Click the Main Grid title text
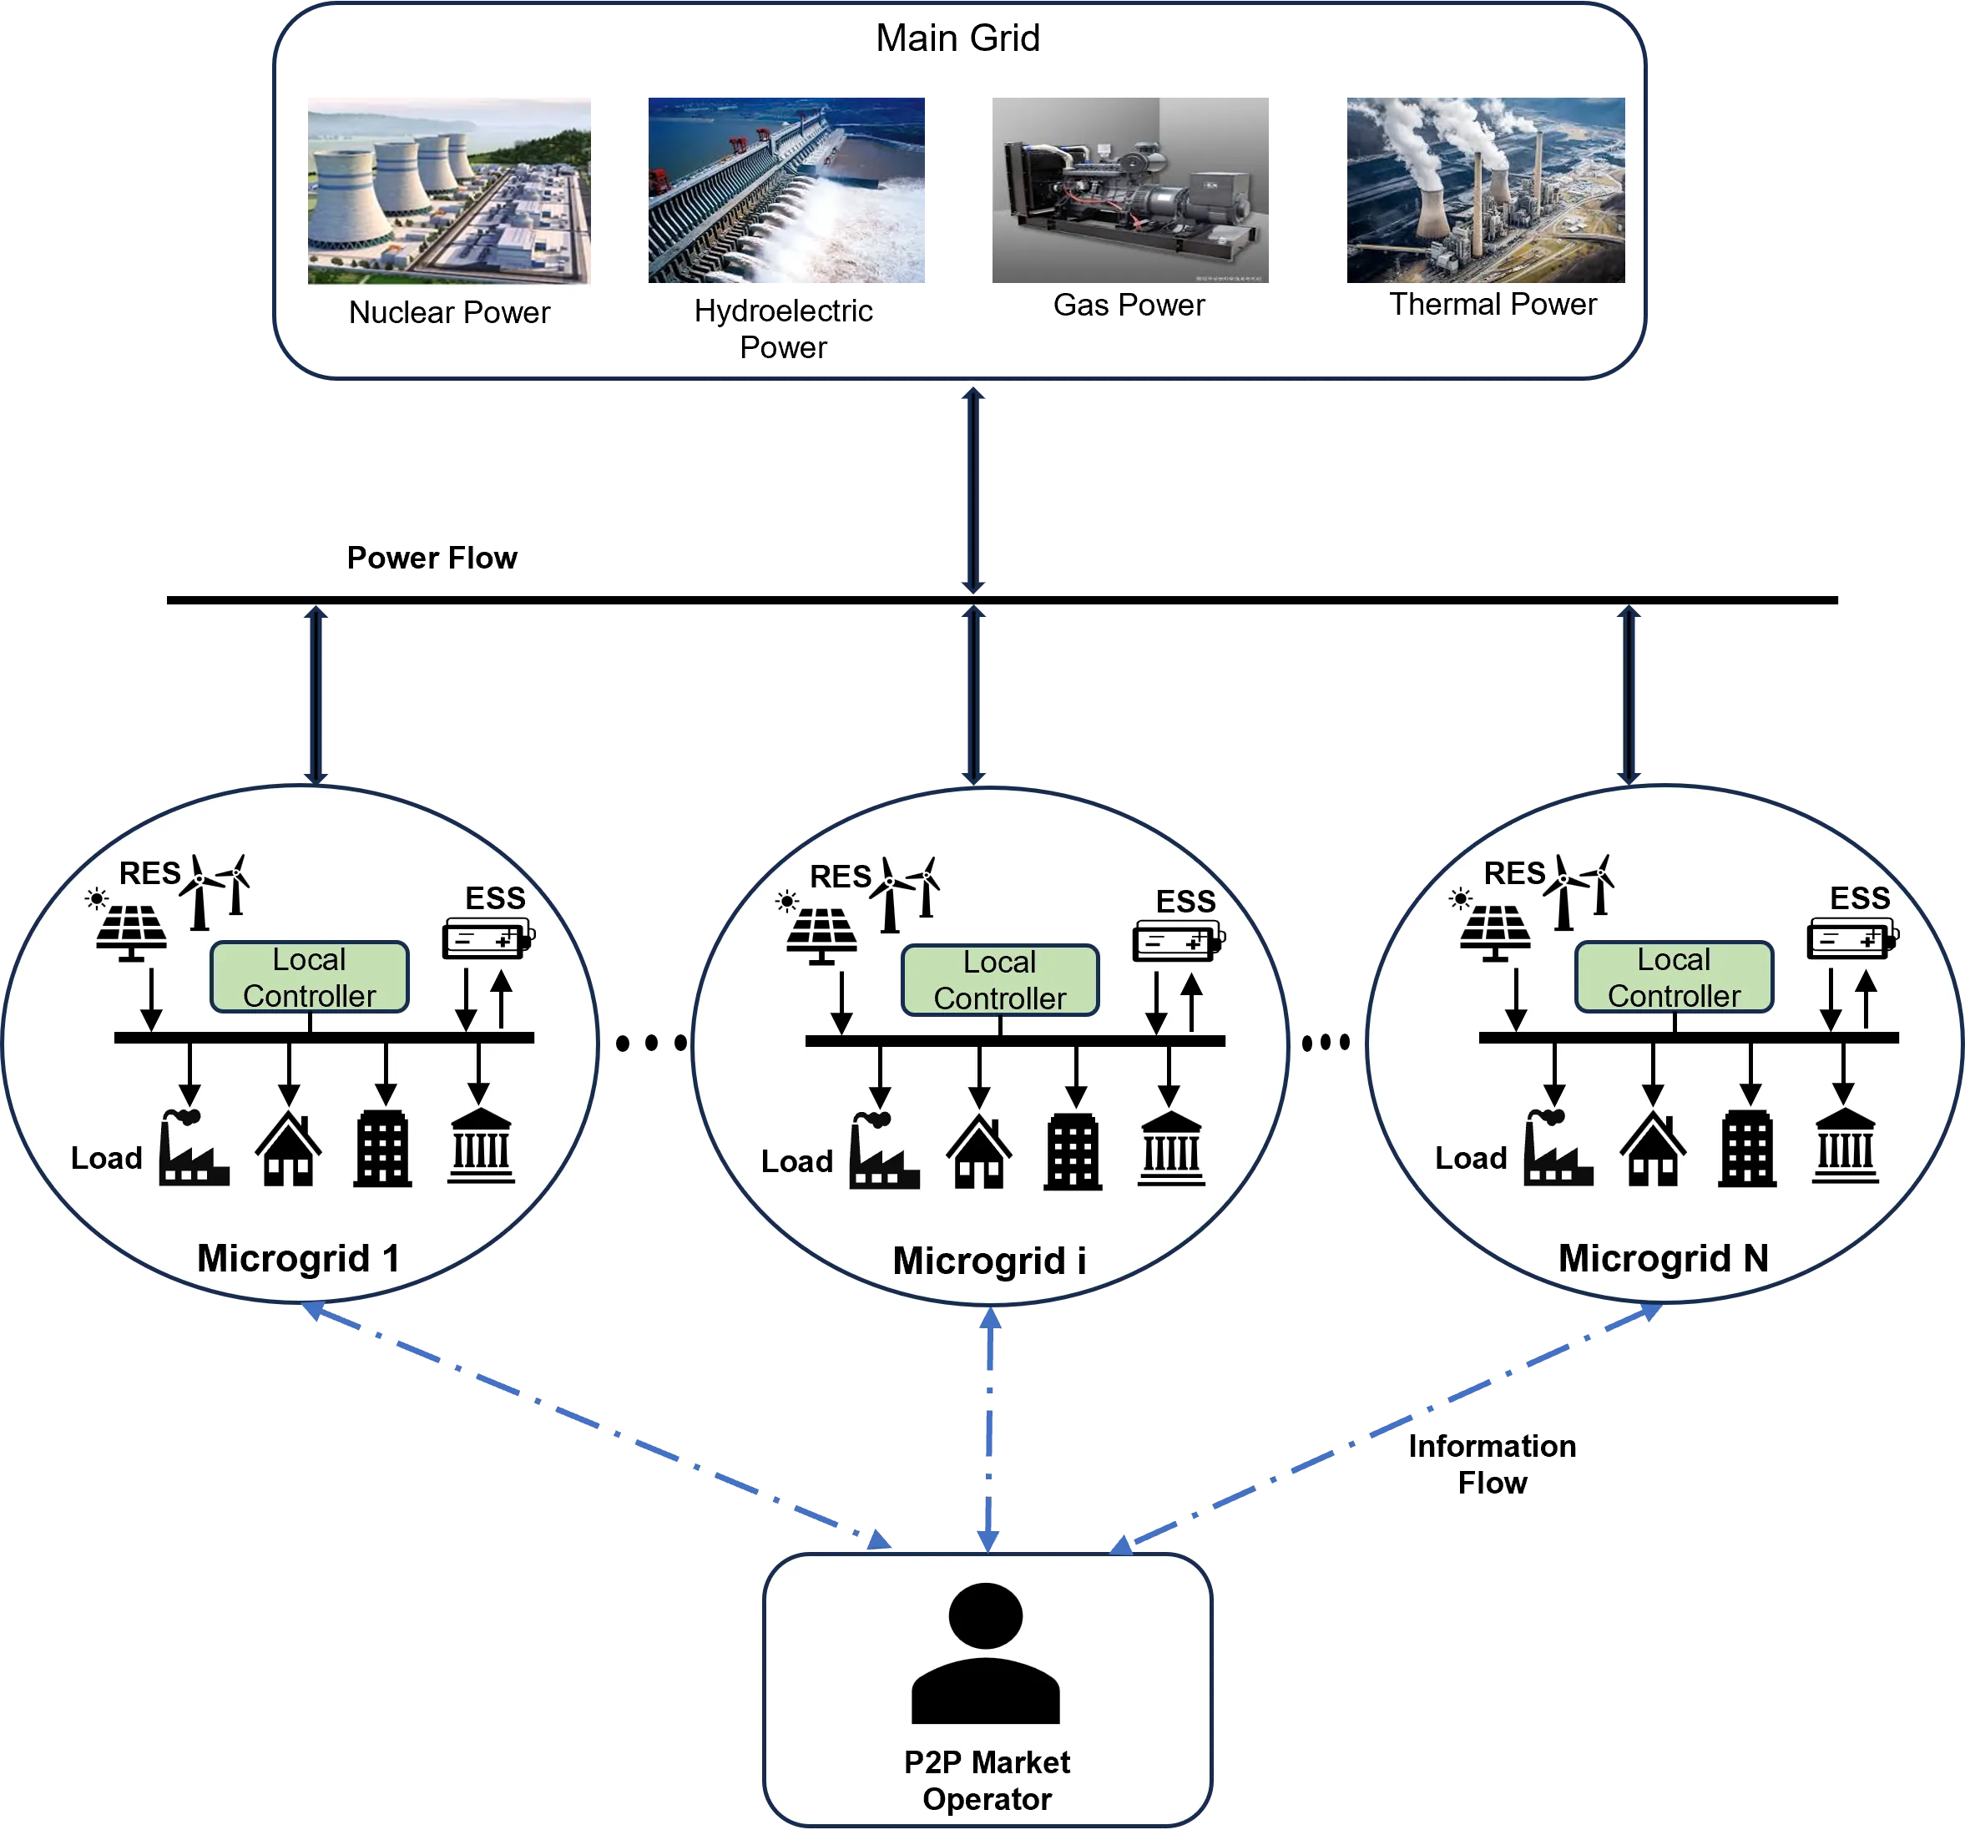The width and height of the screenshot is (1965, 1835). pyautogui.click(x=957, y=38)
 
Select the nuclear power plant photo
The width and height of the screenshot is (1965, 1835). pyautogui.click(x=449, y=191)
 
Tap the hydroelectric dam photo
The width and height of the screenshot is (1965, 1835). pyautogui.click(x=785, y=190)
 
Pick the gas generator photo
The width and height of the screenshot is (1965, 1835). pyautogui.click(x=1129, y=190)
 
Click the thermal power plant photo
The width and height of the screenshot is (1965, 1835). pyautogui.click(x=1486, y=190)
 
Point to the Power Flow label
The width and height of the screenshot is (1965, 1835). pyautogui.click(x=432, y=558)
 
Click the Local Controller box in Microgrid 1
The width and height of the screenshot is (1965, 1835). pyautogui.click(x=310, y=977)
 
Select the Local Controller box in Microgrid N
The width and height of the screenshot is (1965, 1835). pyautogui.click(x=1674, y=977)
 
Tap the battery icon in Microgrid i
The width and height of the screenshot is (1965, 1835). pyautogui.click(x=1178, y=939)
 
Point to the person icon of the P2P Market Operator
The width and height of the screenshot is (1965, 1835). pyautogui.click(x=986, y=1653)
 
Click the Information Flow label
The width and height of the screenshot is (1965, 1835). pyautogui.click(x=1492, y=1464)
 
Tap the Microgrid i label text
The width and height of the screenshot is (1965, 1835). pyautogui.click(x=988, y=1261)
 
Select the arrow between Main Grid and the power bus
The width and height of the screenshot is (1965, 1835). pyautogui.click(x=973, y=490)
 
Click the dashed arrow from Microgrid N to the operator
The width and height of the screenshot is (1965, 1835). pyautogui.click(x=1386, y=1428)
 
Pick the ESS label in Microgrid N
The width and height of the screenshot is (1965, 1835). pyautogui.click(x=1859, y=897)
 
